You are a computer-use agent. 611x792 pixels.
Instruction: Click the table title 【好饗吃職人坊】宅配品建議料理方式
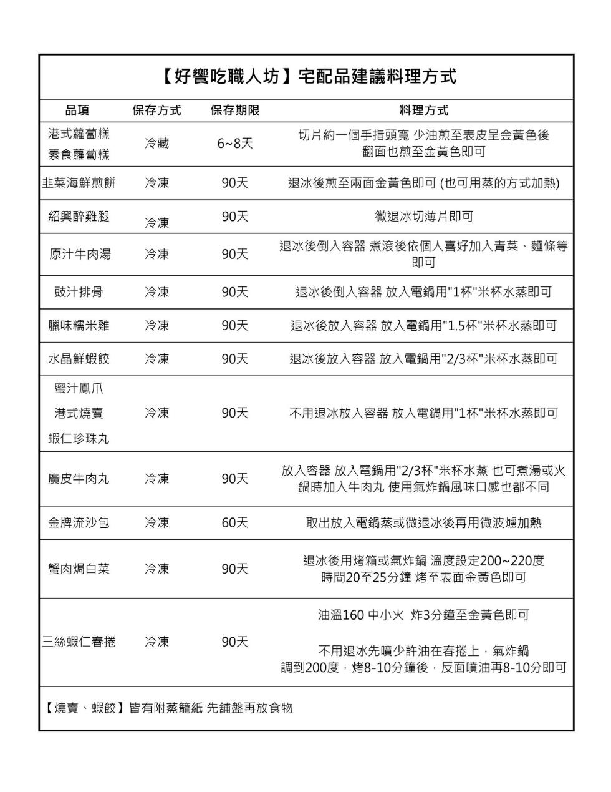[x=307, y=77]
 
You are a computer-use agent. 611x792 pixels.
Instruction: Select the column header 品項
[x=78, y=110]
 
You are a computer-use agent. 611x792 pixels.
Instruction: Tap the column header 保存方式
[x=157, y=110]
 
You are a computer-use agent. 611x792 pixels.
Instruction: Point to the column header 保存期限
[x=235, y=110]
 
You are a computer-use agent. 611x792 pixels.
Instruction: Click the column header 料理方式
[x=423, y=110]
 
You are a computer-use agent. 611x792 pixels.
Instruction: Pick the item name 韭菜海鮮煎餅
[x=79, y=183]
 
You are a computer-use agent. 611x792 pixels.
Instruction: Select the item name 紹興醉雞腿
[x=79, y=216]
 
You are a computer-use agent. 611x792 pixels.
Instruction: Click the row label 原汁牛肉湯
[x=80, y=254]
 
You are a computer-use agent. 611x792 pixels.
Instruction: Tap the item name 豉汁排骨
[x=79, y=292]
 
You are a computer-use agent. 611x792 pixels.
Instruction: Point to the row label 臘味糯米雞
[x=79, y=325]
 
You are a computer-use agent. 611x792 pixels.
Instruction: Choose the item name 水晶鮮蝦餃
[x=79, y=359]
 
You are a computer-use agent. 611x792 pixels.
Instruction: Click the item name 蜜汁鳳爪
[x=79, y=388]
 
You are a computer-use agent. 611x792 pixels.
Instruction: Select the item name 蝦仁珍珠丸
[x=79, y=439]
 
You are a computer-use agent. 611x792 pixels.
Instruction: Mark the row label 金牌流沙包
[x=79, y=522]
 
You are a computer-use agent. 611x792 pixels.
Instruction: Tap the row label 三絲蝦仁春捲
[x=79, y=642]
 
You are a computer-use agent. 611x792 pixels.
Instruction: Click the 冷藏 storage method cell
[x=157, y=144]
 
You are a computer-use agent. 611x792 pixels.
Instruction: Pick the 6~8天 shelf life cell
[x=235, y=144]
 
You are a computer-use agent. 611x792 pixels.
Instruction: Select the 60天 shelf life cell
[x=235, y=522]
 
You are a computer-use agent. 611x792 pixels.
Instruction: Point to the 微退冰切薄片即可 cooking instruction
[x=423, y=216]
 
